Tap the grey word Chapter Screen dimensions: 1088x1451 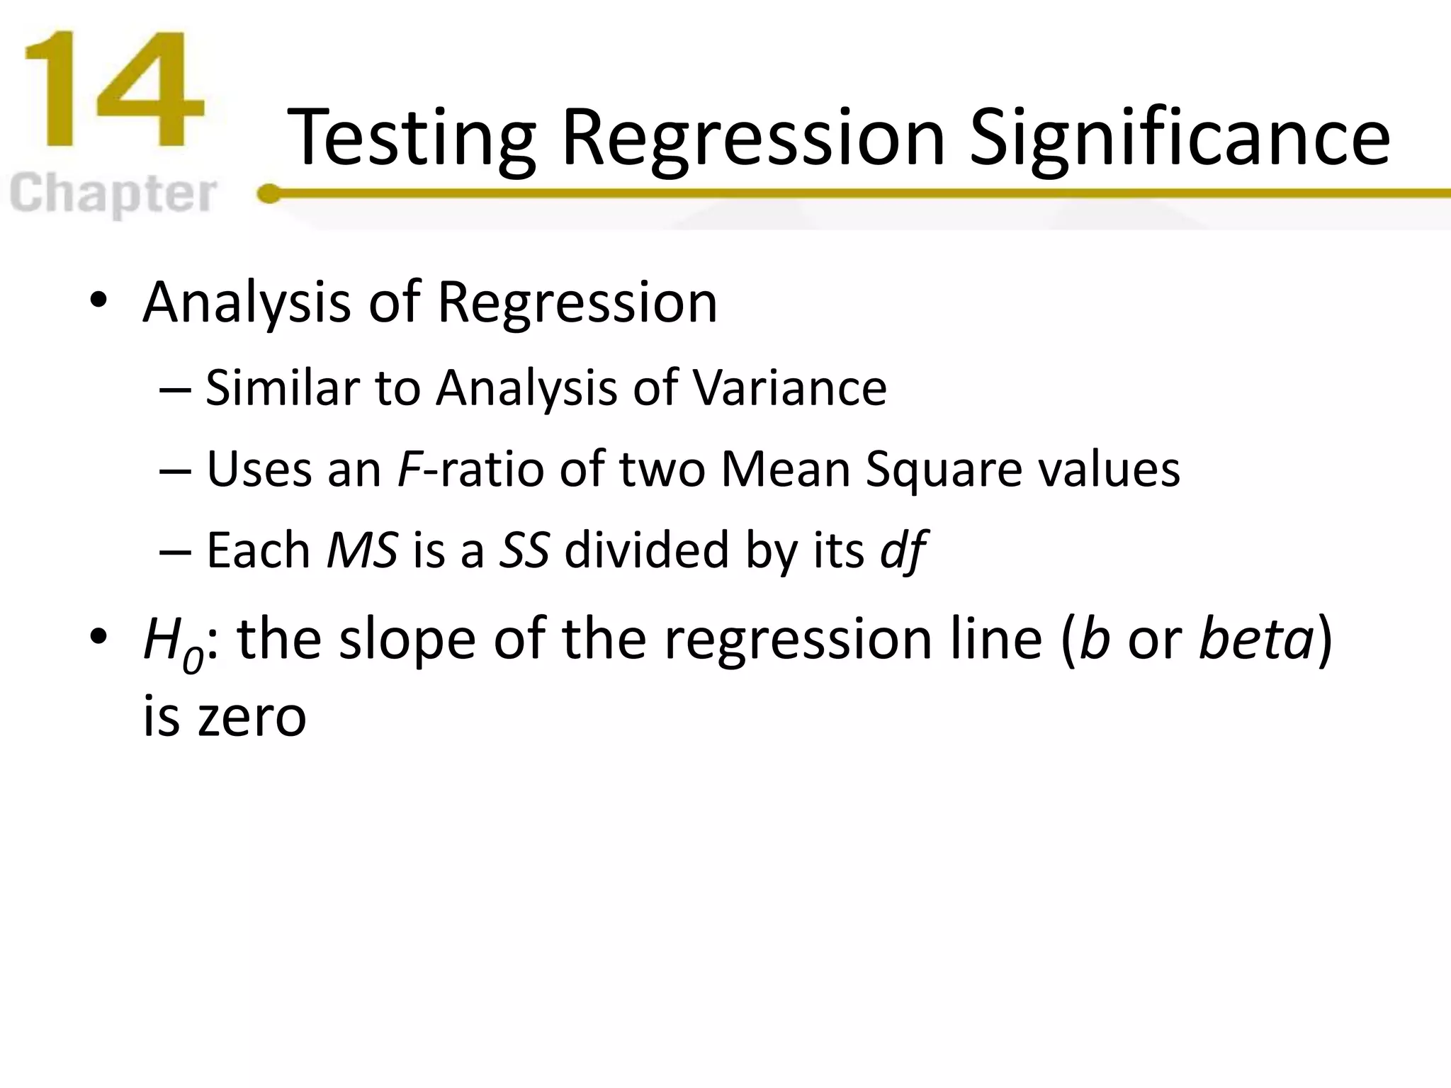(x=113, y=193)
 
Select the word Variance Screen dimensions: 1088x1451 (x=789, y=388)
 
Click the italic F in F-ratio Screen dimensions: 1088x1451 (x=409, y=470)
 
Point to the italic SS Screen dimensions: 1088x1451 (x=524, y=550)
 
